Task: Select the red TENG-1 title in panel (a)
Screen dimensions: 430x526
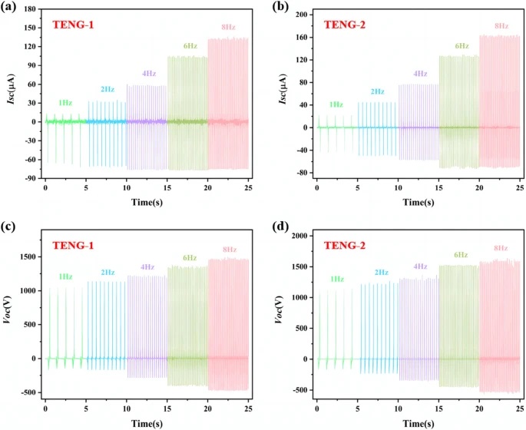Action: tap(72, 25)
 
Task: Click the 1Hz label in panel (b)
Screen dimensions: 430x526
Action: tap(336, 104)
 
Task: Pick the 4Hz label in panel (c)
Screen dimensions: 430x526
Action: tap(147, 267)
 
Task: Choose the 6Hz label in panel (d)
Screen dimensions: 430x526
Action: tap(461, 254)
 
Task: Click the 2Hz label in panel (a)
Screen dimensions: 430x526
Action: tap(107, 89)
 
